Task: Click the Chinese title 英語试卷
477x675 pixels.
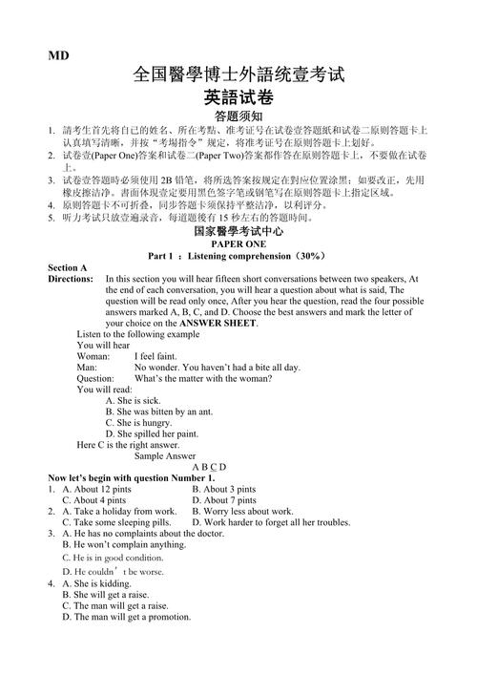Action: pyautogui.click(x=238, y=96)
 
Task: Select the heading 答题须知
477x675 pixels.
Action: pyautogui.click(x=238, y=116)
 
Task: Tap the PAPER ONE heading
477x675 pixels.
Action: pyautogui.click(x=238, y=243)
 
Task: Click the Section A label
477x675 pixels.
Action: pyautogui.click(x=68, y=268)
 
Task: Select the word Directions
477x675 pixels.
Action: pyautogui.click(x=71, y=280)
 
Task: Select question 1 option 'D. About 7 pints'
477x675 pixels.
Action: pyautogui.click(x=223, y=500)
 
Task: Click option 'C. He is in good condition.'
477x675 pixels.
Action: pyautogui.click(x=113, y=557)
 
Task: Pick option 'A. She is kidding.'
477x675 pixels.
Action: pyautogui.click(x=96, y=583)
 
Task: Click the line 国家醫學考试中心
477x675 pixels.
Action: pyautogui.click(x=238, y=231)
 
